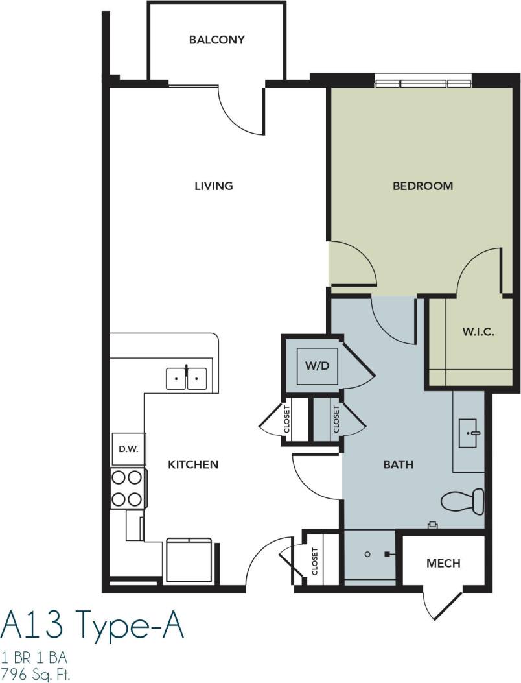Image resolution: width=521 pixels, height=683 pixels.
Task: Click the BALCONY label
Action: (216, 40)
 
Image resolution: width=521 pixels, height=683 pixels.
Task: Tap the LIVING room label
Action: (213, 186)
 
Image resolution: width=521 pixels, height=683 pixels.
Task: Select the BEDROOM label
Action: (423, 186)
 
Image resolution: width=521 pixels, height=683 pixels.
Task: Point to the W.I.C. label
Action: (478, 332)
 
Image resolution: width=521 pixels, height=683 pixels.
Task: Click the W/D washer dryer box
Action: (318, 365)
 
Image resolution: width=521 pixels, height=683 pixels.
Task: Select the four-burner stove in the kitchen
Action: (127, 488)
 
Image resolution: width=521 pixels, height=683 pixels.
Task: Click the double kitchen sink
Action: (187, 377)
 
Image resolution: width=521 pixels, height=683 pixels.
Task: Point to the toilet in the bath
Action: (463, 500)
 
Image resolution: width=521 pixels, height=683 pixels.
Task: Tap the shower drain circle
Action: (367, 555)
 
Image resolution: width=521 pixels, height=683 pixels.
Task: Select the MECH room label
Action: (443, 563)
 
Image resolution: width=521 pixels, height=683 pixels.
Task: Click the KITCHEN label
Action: (193, 464)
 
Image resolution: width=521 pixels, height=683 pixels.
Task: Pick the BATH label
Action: (398, 464)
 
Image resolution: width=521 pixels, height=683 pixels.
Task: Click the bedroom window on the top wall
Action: (423, 82)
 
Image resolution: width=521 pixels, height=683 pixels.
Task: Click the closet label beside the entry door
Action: (315, 561)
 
